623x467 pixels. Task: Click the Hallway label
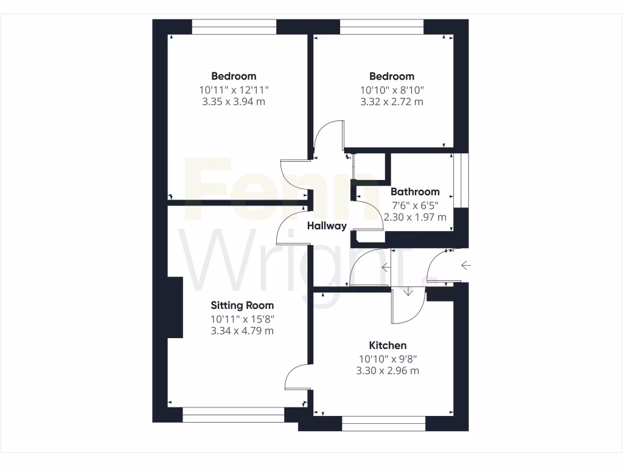[x=327, y=226]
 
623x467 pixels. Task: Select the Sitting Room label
[x=242, y=305]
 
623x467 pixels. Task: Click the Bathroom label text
[x=415, y=192]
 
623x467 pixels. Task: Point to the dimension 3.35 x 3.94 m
[x=234, y=102]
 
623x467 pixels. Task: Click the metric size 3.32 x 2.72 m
[x=391, y=102]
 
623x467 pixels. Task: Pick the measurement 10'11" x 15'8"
[x=242, y=319]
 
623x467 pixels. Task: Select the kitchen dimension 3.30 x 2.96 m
[x=388, y=370]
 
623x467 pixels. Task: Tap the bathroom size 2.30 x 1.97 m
[x=415, y=216]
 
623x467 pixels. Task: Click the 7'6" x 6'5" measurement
[x=415, y=204]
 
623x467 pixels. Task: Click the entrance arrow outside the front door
[x=466, y=265]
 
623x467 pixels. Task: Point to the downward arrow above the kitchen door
[x=408, y=292]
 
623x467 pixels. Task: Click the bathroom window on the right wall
[x=465, y=180]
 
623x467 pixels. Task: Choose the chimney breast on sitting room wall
[x=175, y=307]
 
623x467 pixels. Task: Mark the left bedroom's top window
[x=234, y=26]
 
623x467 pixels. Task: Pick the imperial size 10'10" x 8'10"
[x=391, y=89]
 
